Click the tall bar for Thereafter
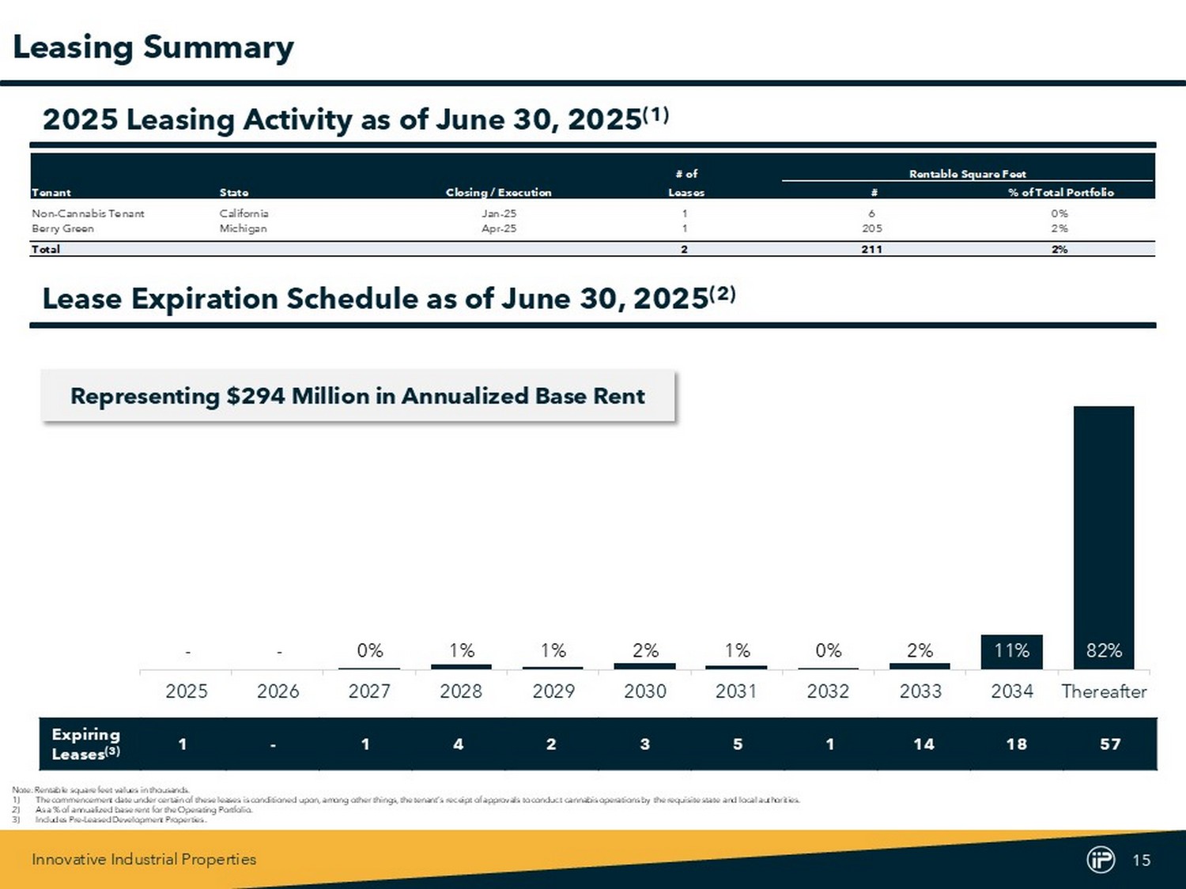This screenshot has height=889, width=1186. [x=1103, y=522]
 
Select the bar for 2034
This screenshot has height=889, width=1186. [x=1011, y=652]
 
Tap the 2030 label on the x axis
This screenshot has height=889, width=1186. [x=645, y=691]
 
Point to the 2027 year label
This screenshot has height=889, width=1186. [x=369, y=691]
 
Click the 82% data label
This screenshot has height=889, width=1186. [x=1104, y=650]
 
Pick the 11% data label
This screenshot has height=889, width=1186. [x=1011, y=650]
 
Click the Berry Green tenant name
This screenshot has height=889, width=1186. [x=62, y=228]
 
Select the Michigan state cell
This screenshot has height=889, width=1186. [x=243, y=228]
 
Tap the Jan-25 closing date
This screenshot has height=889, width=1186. [x=499, y=213]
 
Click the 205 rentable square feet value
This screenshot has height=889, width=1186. [x=871, y=228]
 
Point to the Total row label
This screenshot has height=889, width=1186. [x=46, y=249]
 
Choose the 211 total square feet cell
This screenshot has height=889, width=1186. [x=871, y=249]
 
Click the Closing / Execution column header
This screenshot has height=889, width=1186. [x=498, y=192]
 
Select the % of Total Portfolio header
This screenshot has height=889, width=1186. [x=1060, y=192]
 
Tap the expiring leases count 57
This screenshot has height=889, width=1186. [x=1110, y=744]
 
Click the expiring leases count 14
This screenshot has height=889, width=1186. [x=923, y=744]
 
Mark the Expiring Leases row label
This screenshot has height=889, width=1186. [x=85, y=744]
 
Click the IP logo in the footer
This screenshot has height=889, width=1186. [x=1100, y=860]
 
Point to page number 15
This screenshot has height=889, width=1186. [x=1141, y=860]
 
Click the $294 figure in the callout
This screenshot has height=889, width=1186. [x=255, y=396]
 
